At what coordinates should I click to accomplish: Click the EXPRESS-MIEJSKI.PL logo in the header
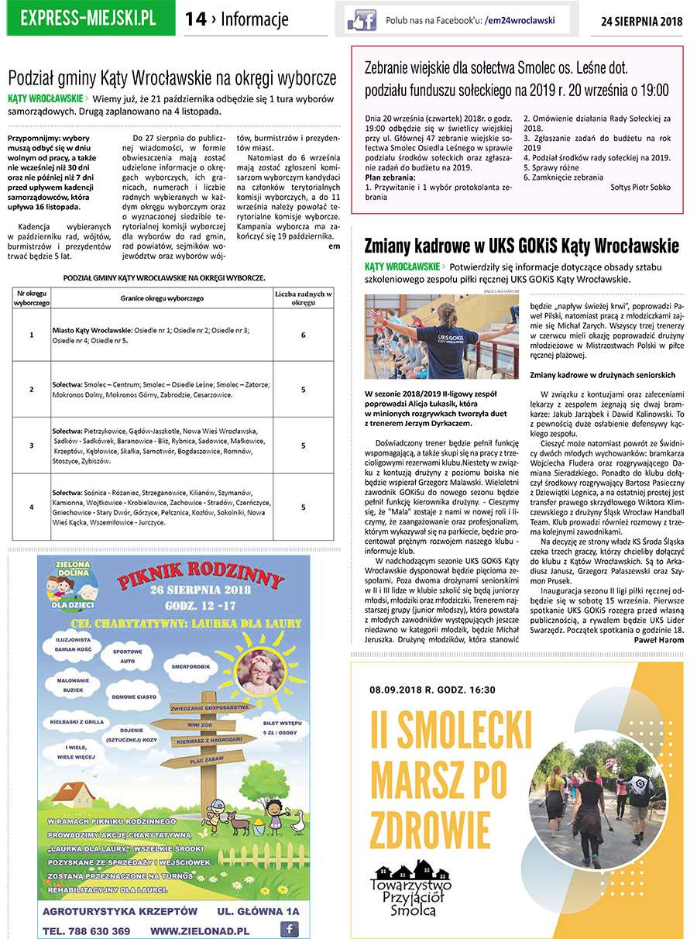pos(88,19)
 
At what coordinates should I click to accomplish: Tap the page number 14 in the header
pos(196,19)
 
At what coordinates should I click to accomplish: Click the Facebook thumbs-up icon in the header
pos(360,20)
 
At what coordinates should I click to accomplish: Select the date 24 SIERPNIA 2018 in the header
pos(641,21)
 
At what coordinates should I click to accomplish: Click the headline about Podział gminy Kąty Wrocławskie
pos(172,78)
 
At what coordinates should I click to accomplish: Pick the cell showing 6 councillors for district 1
pos(303,335)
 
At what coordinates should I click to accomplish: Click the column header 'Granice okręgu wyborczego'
pos(161,298)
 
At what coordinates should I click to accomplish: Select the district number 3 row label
pos(32,445)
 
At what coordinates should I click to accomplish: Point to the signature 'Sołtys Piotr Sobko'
pos(640,187)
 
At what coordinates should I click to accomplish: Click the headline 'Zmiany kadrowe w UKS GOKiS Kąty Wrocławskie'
pos(521,246)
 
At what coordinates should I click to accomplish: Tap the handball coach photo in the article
pos(441,336)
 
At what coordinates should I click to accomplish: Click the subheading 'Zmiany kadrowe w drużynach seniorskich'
pos(603,375)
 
